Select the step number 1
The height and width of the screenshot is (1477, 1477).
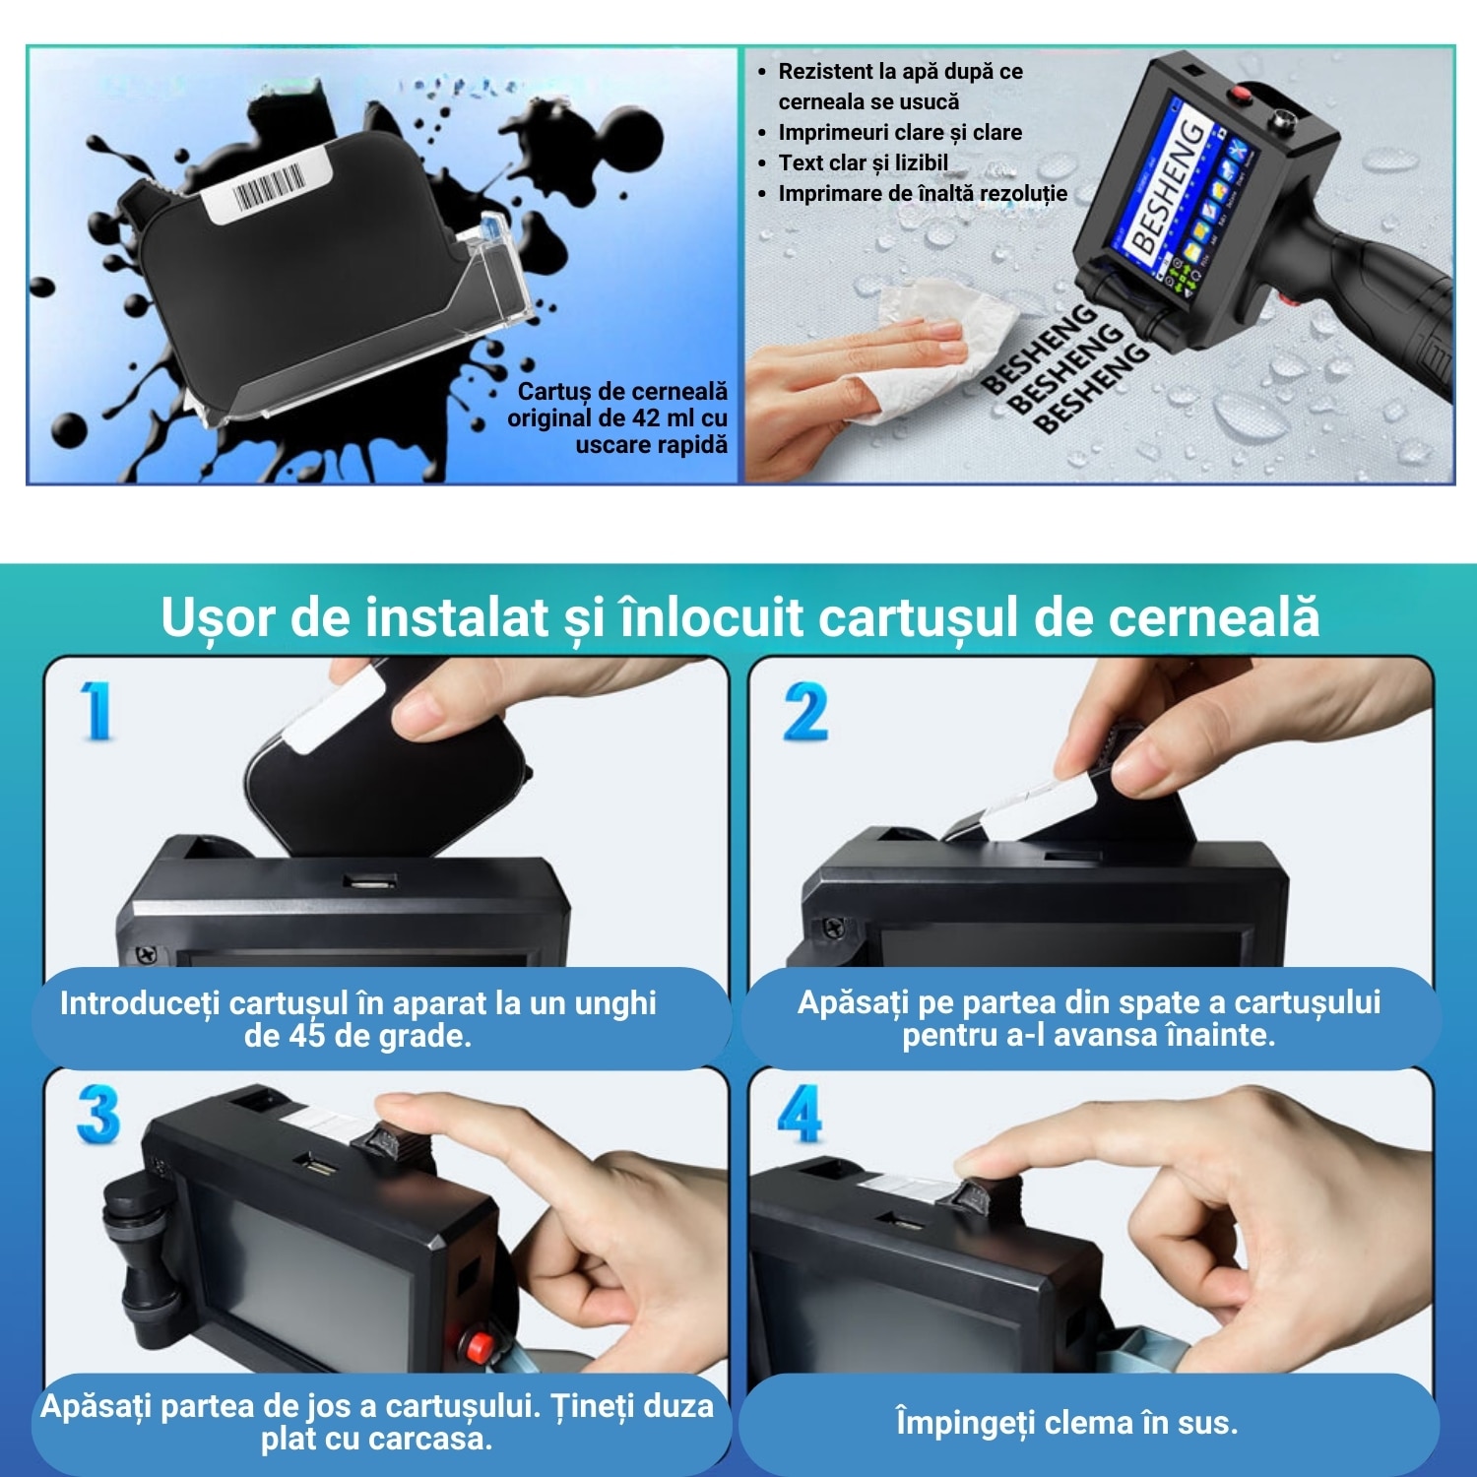point(96,710)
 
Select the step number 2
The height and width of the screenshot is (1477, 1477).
point(804,712)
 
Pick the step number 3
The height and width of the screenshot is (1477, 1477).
point(97,1116)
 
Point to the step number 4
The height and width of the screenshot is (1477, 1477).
point(801,1114)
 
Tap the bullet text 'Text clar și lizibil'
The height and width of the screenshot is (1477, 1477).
point(863,162)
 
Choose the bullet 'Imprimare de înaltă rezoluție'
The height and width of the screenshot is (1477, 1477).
point(922,193)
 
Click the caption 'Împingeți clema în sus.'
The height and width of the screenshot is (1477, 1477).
point(1066,1423)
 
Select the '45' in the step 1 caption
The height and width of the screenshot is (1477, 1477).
point(306,1036)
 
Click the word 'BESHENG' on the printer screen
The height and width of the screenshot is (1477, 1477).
point(1169,186)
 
